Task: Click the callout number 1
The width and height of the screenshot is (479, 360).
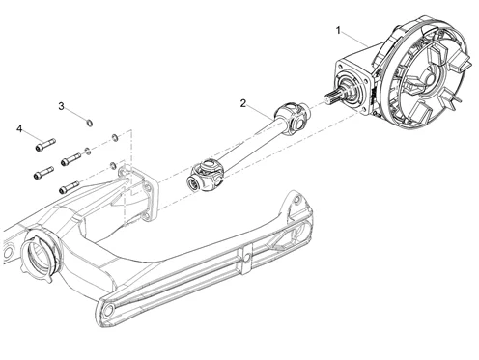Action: [338, 31]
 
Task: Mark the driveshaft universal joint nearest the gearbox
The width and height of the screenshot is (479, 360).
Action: [294, 119]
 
